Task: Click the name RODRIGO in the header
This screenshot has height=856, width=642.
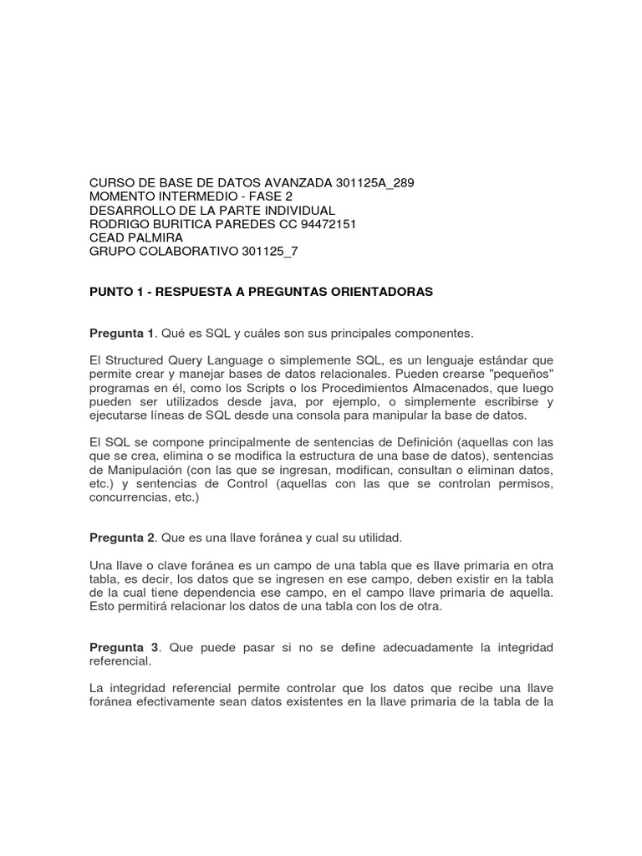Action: (120, 224)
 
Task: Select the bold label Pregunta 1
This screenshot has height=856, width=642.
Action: (122, 334)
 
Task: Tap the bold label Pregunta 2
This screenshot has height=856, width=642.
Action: (122, 536)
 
